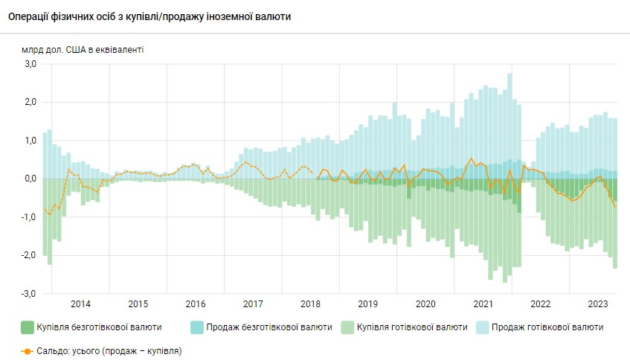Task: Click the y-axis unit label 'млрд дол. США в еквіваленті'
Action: coord(83,50)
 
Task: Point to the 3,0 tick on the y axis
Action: coord(30,64)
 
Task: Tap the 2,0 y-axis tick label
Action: coord(30,102)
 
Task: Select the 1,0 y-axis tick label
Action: coord(30,141)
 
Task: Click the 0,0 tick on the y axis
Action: coord(30,179)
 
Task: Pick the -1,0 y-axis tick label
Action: coord(28,217)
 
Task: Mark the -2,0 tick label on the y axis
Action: coord(28,255)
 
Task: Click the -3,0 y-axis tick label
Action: coord(28,294)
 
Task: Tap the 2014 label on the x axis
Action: coord(80,304)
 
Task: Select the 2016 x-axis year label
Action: coord(195,304)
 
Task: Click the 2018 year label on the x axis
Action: coord(310,304)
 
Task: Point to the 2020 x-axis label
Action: coord(425,304)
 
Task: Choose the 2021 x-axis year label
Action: coord(483,304)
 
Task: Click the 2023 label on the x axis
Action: coord(598,304)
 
